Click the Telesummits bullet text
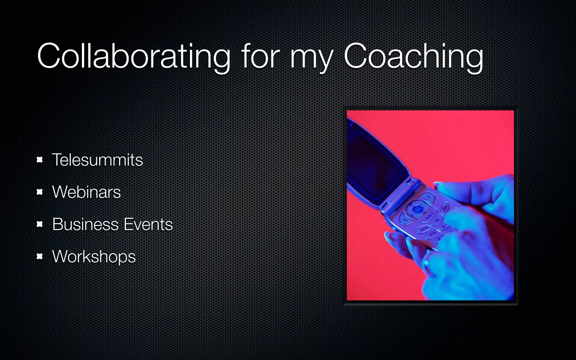pyautogui.click(x=97, y=160)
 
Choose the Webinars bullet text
pyautogui.click(x=86, y=192)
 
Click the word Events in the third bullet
pyautogui.click(x=148, y=224)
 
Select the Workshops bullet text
pyautogui.click(x=94, y=257)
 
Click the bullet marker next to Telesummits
pyautogui.click(x=40, y=160)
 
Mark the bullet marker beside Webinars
pyautogui.click(x=40, y=192)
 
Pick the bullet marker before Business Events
pyautogui.click(x=40, y=224)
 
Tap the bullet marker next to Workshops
pyautogui.click(x=40, y=256)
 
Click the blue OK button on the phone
pyautogui.click(x=418, y=209)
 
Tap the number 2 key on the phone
pyautogui.click(x=444, y=227)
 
